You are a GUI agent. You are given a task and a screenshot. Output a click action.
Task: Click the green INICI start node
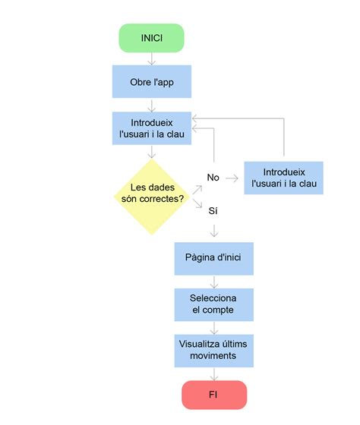151,38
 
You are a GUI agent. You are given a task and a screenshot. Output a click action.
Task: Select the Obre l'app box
151,82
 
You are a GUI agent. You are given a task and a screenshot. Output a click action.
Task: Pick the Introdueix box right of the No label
283,178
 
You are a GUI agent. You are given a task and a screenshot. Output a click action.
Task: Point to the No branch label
213,177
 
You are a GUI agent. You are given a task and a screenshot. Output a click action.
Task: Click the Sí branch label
213,210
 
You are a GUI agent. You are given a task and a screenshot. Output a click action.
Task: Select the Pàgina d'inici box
213,258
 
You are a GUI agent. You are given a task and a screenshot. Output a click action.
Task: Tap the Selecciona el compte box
213,304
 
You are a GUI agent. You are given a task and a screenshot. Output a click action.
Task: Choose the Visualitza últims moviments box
213,349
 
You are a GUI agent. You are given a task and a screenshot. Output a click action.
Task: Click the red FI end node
213,395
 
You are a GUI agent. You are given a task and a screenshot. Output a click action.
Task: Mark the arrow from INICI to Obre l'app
151,59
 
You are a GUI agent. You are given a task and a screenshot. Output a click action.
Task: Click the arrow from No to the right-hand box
232,178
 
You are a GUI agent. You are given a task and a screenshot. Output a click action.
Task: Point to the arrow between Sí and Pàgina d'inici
213,230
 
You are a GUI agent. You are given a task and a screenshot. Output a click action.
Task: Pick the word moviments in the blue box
213,355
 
